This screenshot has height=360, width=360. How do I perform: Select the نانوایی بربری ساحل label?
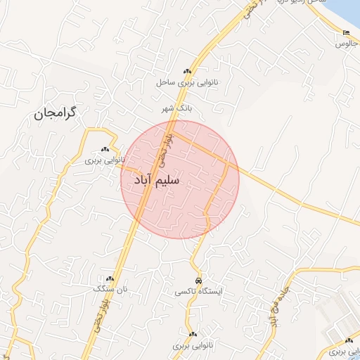[x=188, y=83]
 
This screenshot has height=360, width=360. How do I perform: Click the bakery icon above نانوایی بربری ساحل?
[x=188, y=72]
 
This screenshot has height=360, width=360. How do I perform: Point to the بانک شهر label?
[x=176, y=108]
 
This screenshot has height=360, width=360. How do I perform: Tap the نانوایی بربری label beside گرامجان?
[x=104, y=160]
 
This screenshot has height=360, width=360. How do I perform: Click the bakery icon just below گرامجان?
[x=105, y=149]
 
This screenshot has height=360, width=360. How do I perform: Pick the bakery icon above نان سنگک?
[x=110, y=278]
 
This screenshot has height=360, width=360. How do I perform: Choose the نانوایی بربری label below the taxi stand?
[x=193, y=346]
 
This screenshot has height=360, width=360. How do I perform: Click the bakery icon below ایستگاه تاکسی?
[x=193, y=335]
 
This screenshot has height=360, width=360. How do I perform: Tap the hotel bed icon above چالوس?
[x=345, y=33]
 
